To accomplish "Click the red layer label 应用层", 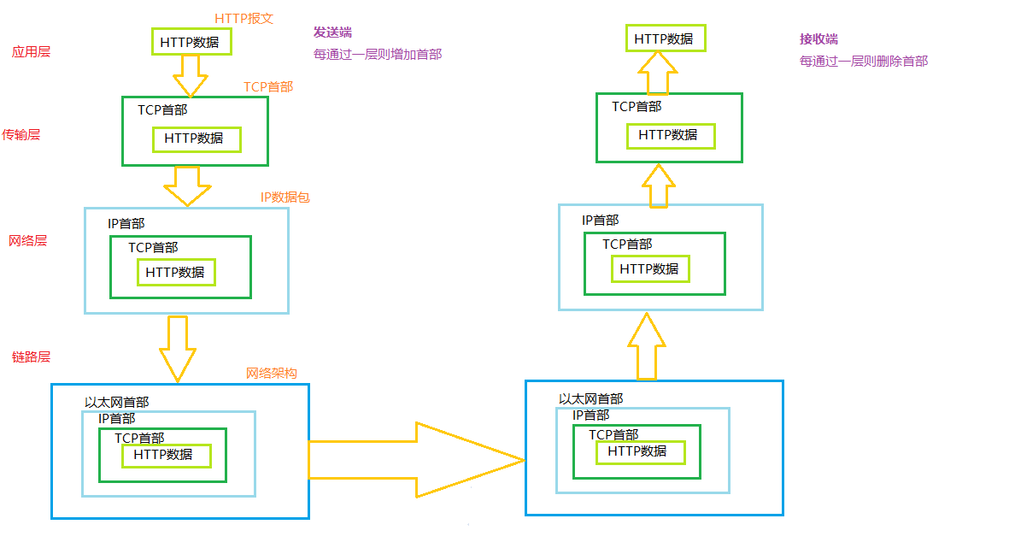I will tap(31, 51).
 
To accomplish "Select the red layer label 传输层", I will tap(21, 134).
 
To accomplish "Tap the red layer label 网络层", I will tap(27, 240).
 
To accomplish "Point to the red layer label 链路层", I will tap(31, 356).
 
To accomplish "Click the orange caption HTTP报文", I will tap(243, 18).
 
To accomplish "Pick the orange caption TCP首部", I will tap(268, 86).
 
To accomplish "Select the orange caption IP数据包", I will tap(285, 197).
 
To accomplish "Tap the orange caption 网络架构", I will tap(272, 373).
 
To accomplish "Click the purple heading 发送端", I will tap(332, 32).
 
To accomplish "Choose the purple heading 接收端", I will tap(818, 39).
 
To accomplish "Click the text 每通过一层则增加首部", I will tap(378, 54).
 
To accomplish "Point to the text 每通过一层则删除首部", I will tap(863, 61).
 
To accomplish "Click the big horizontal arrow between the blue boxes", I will tap(414, 459).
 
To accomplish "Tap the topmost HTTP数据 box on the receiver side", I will tap(663, 38).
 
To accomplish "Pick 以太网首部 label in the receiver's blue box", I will tap(590, 398).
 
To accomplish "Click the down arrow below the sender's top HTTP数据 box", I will tap(190, 76).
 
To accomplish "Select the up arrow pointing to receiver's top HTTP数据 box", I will tap(657, 73).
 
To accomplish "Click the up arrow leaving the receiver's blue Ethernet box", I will tap(647, 346).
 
